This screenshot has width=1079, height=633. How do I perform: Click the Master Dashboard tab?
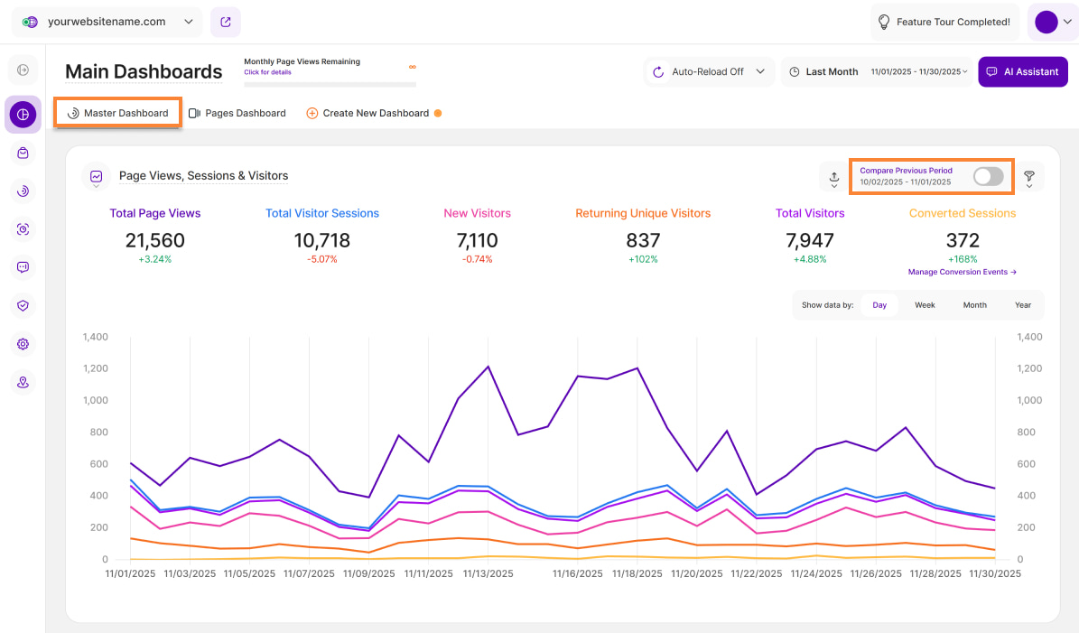coord(118,113)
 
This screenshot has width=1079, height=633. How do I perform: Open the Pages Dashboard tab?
coord(237,113)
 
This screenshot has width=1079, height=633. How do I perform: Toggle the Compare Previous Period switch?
coord(988,176)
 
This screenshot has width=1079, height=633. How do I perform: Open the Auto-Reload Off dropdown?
coord(710,71)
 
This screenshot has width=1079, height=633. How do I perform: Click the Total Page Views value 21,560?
coord(155,240)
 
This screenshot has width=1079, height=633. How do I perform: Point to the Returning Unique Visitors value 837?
coord(643,240)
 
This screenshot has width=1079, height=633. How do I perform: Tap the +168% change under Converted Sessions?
coord(963,259)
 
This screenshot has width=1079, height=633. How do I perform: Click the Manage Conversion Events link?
coord(963,272)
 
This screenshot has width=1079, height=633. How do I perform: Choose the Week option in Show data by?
coord(925,305)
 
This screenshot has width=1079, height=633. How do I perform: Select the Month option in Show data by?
coord(974,305)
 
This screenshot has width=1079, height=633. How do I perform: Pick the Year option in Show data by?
coord(1022,305)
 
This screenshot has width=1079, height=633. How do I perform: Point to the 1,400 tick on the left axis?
coord(95,337)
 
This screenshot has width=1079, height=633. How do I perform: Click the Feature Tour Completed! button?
coord(944,22)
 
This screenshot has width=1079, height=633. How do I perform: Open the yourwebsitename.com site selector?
coord(109,22)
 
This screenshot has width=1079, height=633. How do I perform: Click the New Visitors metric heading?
coord(477,213)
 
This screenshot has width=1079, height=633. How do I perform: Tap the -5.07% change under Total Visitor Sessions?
coord(321,259)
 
